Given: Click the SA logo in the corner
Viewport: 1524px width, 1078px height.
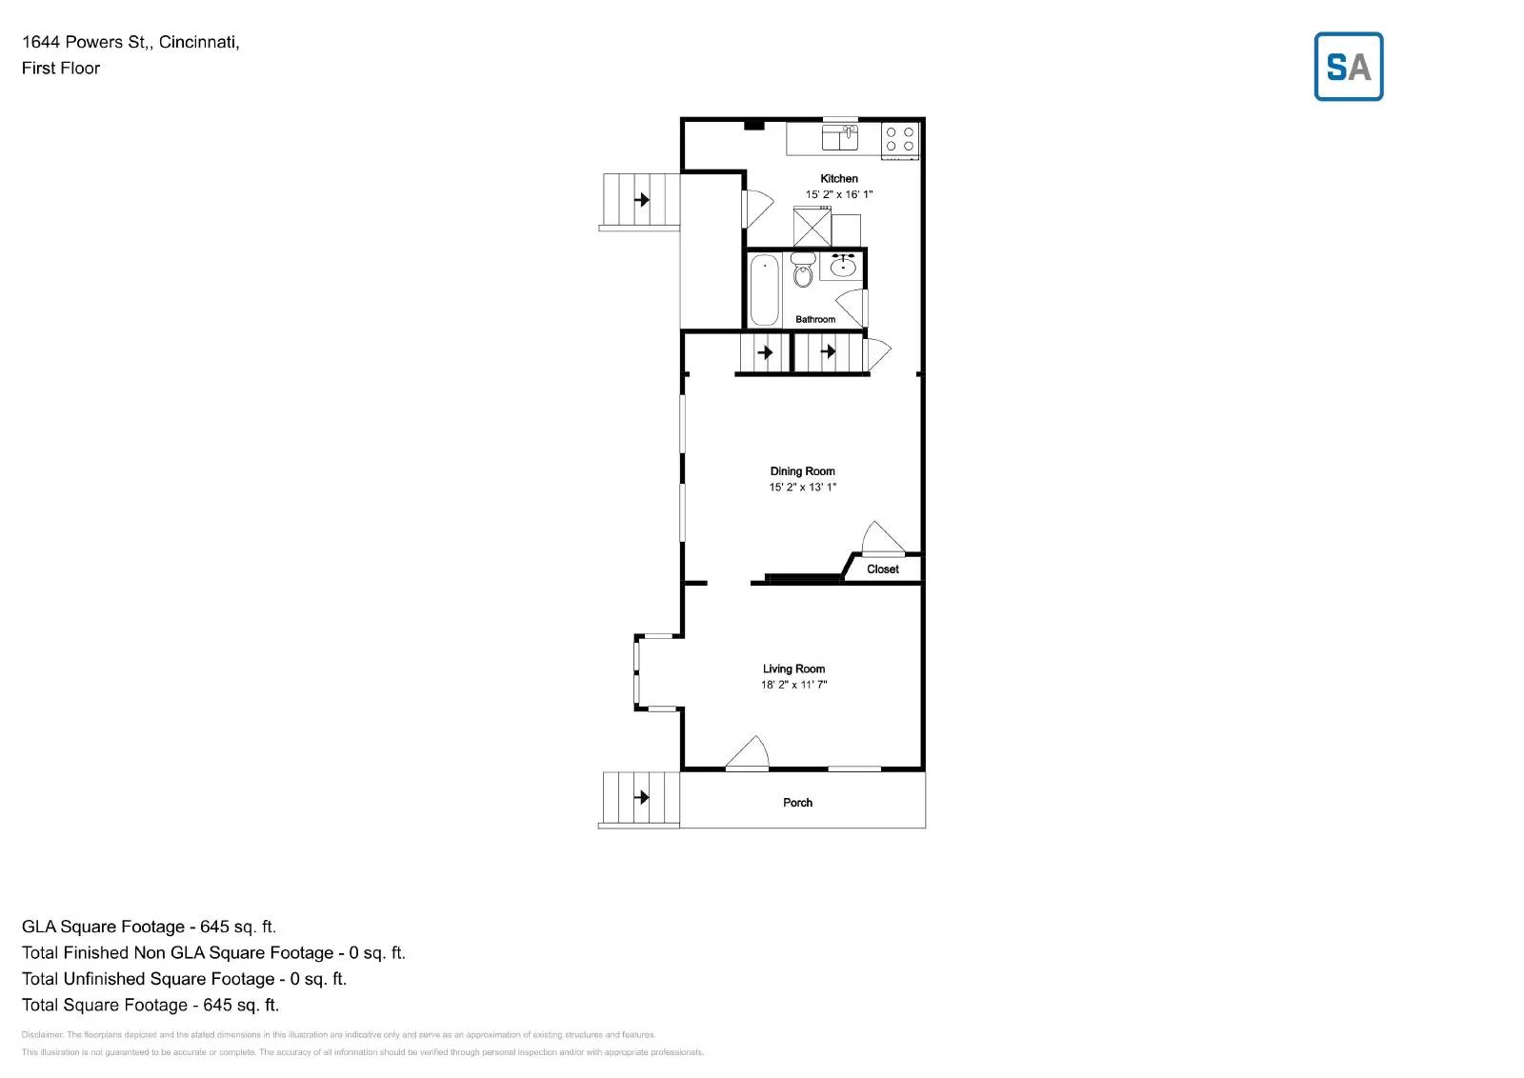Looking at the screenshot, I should (x=1348, y=67).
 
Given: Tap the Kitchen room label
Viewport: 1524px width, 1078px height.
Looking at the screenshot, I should (x=839, y=178).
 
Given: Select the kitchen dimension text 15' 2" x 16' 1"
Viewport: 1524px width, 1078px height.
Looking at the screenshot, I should (x=839, y=194).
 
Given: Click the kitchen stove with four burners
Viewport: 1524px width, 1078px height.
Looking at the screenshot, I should (x=900, y=139).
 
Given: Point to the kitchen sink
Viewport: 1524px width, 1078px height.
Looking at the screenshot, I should (x=840, y=138).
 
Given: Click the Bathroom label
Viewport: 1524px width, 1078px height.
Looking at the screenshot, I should (x=815, y=319).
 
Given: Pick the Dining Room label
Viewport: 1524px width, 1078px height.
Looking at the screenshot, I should (x=802, y=471).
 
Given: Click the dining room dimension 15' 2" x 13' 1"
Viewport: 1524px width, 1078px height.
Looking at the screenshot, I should (x=802, y=488).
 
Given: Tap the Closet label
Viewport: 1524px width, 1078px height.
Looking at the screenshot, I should (x=882, y=569).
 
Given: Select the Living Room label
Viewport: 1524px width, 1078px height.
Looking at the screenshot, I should (x=793, y=669).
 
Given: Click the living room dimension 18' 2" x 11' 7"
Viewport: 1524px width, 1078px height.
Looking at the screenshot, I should (x=793, y=685).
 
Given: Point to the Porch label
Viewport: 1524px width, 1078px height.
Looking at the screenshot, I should (x=797, y=803).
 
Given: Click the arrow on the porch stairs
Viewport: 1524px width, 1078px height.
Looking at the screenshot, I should (x=642, y=797).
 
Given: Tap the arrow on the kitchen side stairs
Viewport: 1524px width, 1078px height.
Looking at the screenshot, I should (x=643, y=200).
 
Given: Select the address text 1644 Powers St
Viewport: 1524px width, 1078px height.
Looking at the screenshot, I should (x=86, y=42).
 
